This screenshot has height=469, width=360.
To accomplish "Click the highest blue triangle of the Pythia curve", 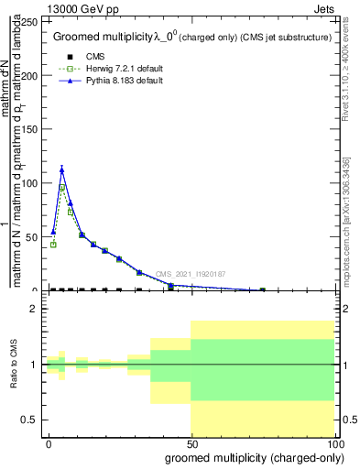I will pos(61,169).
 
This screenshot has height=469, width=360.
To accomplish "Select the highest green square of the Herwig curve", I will pos(62,189).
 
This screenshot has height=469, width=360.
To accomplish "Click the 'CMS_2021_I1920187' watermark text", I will pos(190,274).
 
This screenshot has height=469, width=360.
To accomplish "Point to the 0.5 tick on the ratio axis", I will pos(33,420).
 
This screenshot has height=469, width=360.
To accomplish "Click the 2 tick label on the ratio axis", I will pos(37,310).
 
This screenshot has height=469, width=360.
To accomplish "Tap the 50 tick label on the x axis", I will pos(191,443).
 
